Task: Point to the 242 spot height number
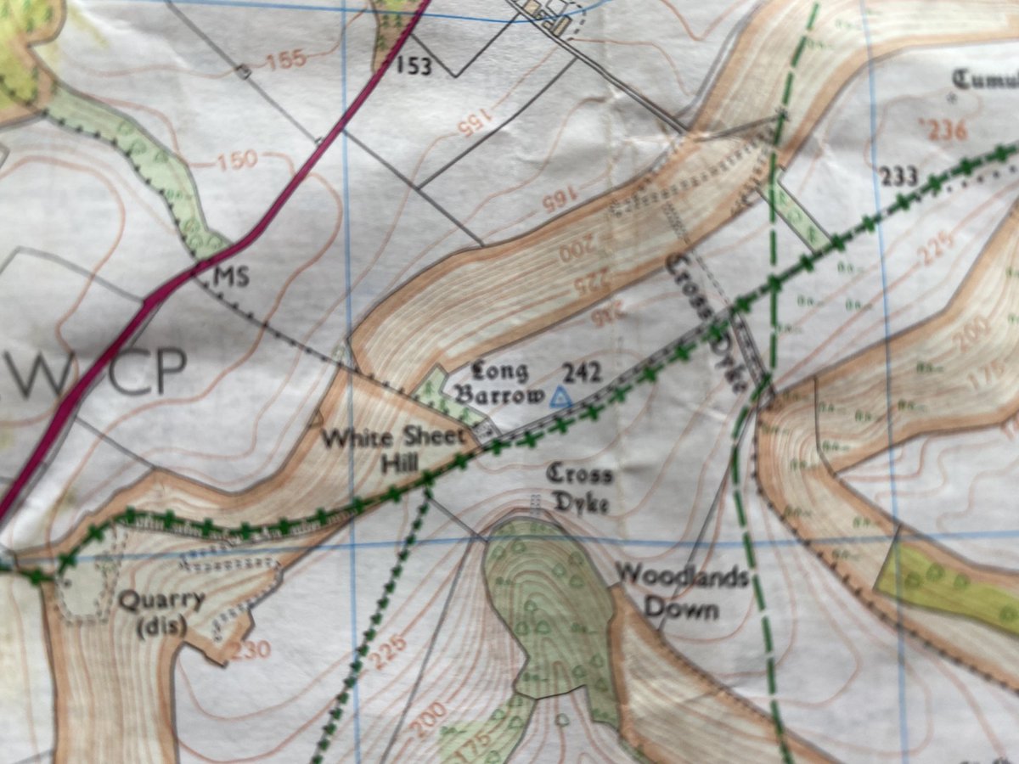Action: tap(582, 372)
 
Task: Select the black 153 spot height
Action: tap(415, 65)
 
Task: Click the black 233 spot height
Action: tap(898, 177)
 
